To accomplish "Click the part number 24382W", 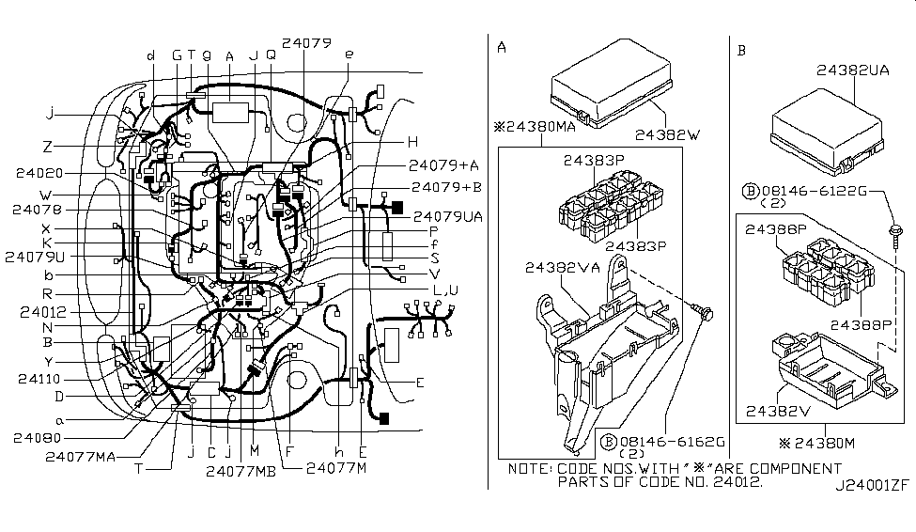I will coord(668,134).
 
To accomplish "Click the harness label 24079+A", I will coord(444,164).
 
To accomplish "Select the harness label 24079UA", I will coord(447,215).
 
